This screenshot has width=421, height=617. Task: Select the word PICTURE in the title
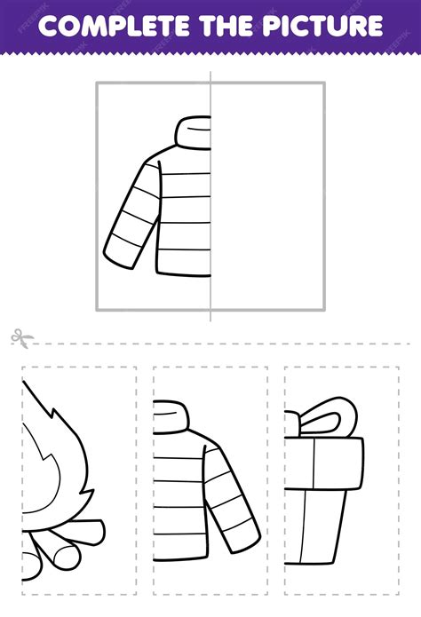tap(323, 26)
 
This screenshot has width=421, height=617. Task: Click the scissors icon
tap(21, 339)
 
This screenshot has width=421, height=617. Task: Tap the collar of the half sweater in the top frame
tap(193, 132)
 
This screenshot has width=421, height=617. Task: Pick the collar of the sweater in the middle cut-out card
tap(171, 416)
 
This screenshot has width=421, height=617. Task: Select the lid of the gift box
tap(323, 463)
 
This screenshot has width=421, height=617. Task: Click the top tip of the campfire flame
tap(22, 380)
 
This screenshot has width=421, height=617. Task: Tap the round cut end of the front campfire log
tap(67, 558)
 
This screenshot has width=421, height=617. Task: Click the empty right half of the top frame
tap(268, 195)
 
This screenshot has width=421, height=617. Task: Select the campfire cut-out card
tap(79, 480)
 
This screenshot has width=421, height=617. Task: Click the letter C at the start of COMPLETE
tap(49, 27)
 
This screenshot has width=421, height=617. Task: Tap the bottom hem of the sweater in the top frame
tap(184, 273)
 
